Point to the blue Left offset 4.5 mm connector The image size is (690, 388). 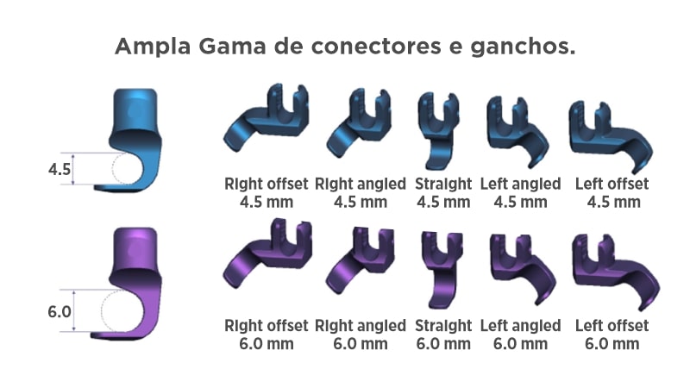(x=609, y=134)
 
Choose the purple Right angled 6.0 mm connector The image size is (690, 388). (x=360, y=261)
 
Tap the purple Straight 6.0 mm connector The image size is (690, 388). (x=441, y=267)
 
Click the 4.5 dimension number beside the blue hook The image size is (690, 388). (x=60, y=169)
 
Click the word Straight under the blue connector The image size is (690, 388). (x=443, y=184)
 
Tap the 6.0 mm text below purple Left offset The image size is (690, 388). (x=612, y=343)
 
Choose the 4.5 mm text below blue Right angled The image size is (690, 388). (x=360, y=202)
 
